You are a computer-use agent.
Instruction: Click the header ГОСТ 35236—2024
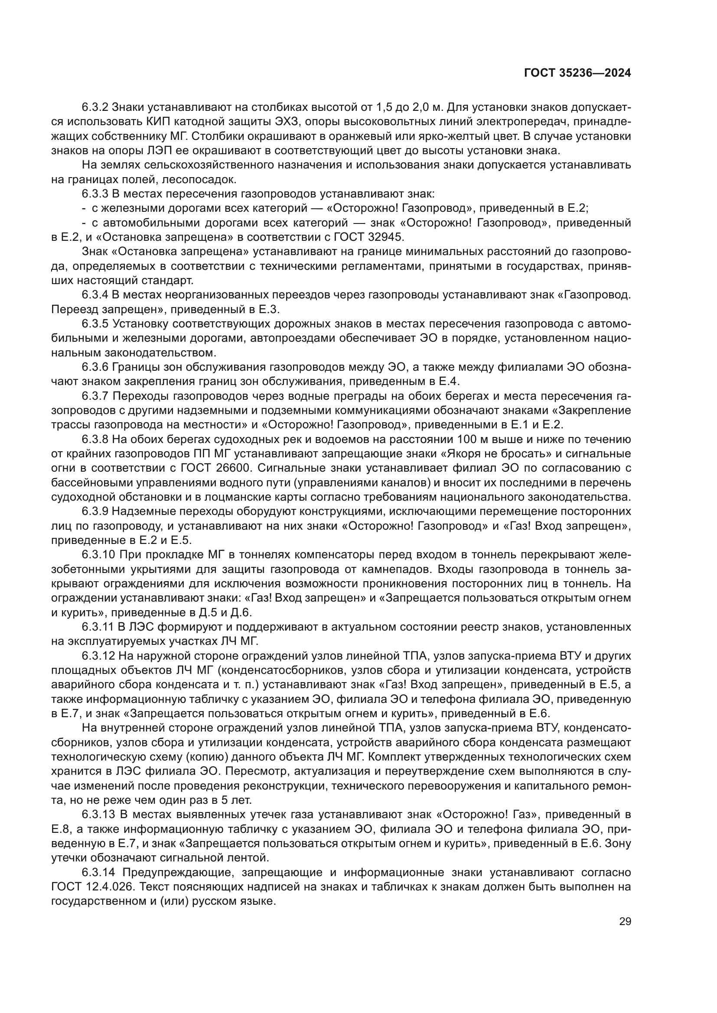577,73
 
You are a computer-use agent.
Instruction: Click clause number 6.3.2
95,107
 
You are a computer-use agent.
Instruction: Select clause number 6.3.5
95,324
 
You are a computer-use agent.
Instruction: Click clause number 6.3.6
95,367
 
